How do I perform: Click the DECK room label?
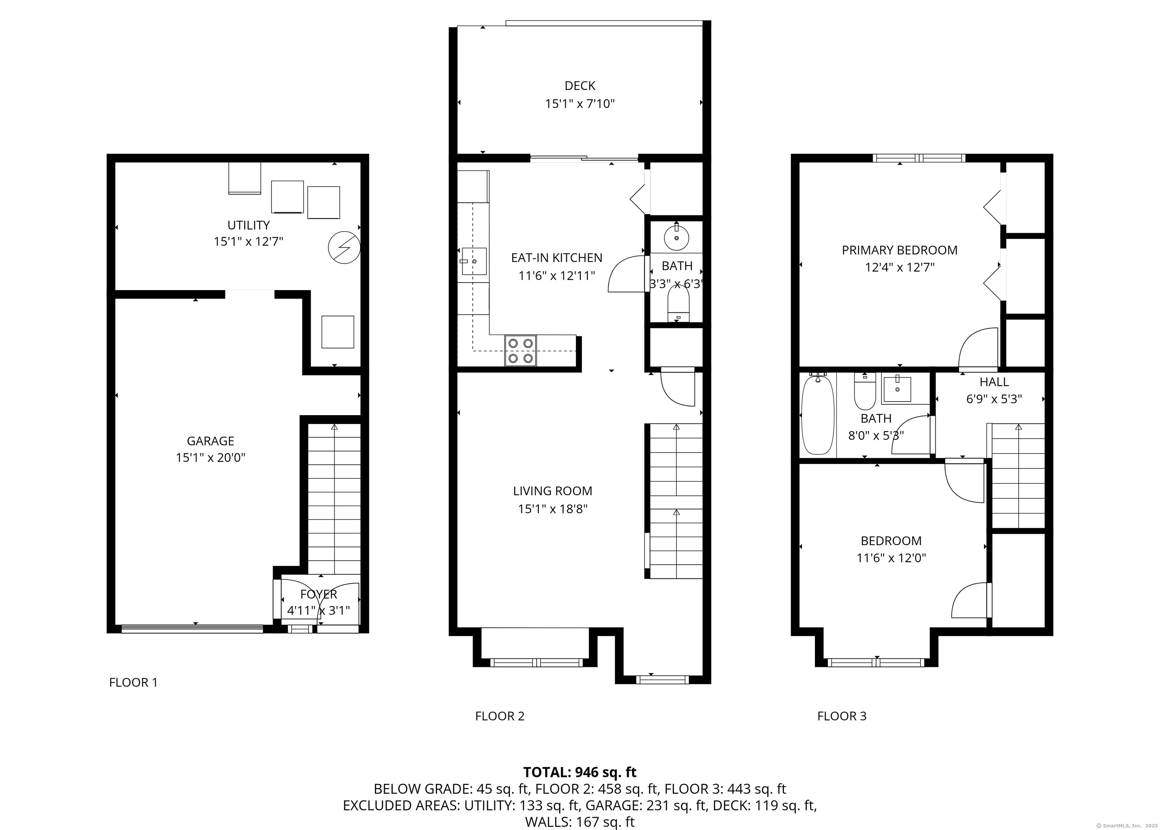coord(580,86)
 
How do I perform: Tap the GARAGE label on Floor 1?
coord(210,441)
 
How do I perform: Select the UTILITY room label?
coord(248,225)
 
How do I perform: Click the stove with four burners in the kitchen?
coord(520,351)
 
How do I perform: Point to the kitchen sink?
coord(474,261)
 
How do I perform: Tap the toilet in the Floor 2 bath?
coord(678,304)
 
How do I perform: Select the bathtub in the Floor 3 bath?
coord(818,414)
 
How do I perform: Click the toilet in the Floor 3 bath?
coord(865,391)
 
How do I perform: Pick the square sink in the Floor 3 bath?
coord(897,389)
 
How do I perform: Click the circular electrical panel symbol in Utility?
coord(344,248)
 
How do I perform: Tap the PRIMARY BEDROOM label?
coord(899,250)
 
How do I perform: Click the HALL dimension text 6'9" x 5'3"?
coord(994,399)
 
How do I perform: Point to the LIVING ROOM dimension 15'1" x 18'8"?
coord(553,509)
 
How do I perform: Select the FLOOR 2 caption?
coord(500,716)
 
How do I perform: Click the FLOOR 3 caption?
coord(842,716)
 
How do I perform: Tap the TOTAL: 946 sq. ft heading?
coord(580,772)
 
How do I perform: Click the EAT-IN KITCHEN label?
coord(557,258)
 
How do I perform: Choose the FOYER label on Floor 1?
coord(319,594)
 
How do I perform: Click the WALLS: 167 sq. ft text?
coord(580,822)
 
